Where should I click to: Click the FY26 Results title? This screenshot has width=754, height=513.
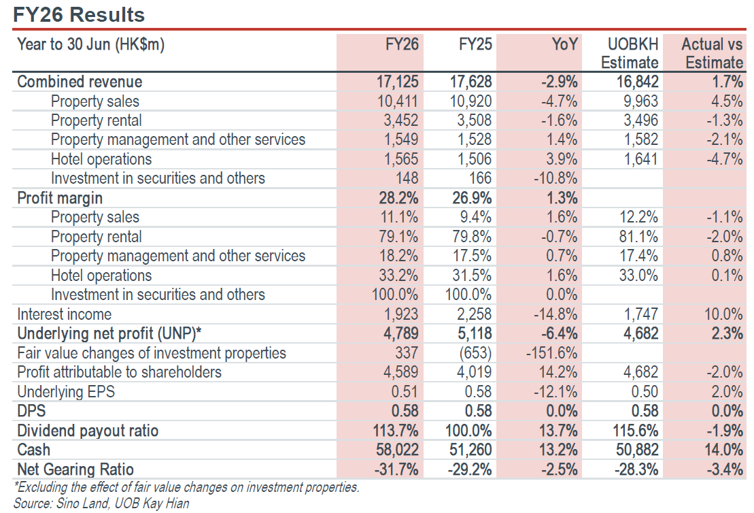(79, 14)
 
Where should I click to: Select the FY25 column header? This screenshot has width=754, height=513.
(475, 44)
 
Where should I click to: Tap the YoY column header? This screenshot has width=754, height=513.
(564, 44)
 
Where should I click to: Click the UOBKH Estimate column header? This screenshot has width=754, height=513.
(630, 53)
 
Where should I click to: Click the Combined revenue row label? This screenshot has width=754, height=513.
(80, 82)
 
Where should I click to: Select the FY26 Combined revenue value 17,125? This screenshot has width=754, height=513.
(397, 82)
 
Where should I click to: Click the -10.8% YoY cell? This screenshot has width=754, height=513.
(555, 178)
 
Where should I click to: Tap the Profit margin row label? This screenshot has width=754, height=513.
(60, 198)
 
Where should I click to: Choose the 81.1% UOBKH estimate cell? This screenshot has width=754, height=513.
(638, 237)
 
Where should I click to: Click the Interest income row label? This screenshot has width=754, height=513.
(65, 314)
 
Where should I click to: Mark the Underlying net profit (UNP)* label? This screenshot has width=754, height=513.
(109, 333)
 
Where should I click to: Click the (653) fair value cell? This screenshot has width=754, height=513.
(475, 352)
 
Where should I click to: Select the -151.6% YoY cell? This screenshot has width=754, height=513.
(551, 352)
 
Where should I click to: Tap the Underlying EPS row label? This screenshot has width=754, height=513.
(67, 392)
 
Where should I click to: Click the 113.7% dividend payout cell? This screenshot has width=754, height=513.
(396, 430)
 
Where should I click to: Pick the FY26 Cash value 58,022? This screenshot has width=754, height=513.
(397, 450)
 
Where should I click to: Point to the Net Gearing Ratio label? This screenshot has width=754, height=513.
(75, 469)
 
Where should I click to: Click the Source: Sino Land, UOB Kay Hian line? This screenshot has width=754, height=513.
(101, 503)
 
